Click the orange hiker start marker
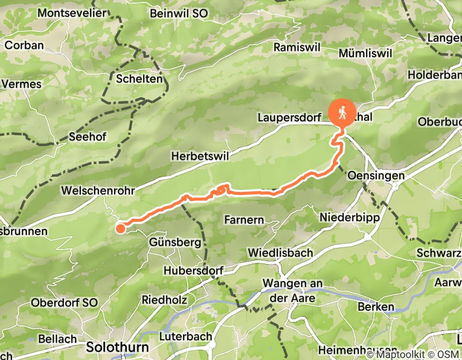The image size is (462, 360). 341,111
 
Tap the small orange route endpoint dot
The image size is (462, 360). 120,228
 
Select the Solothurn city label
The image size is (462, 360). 117,346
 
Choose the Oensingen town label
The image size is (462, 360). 376,176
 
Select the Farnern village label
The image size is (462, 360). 244,220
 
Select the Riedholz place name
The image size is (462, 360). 164,299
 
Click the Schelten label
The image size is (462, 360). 139,79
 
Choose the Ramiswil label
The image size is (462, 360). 297,47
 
